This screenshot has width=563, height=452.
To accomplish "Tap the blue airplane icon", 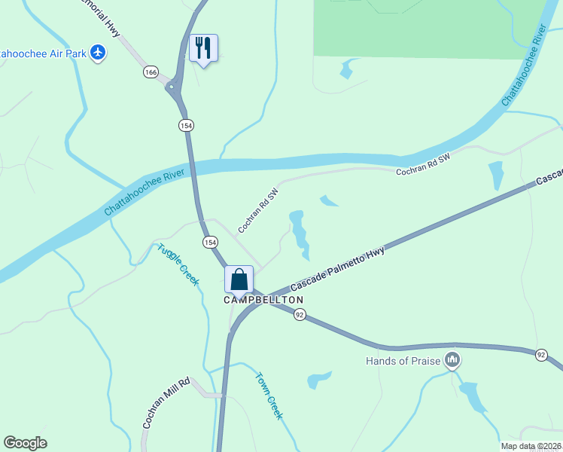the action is coord(97,52).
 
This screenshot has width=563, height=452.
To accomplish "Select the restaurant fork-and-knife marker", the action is coord(203,49).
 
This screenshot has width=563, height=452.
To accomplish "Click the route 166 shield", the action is coord(151,72).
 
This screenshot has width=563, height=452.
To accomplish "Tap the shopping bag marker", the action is coord(239,280).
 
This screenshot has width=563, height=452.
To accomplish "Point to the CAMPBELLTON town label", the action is coord(263,300).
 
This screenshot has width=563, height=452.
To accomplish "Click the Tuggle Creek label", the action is coord(178,264).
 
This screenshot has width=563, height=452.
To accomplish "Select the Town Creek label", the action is coord(269,395).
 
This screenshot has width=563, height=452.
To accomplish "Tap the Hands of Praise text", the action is coord(403,361).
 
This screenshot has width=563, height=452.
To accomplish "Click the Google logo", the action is coord(25,443).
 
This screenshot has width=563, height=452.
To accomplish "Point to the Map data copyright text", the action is coord(530,446).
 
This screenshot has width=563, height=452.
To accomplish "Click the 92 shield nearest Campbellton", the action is coord(300,315).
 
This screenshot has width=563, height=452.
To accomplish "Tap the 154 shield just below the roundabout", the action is coord(185,125).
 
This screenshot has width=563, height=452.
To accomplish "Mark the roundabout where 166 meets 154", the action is coord(174,89).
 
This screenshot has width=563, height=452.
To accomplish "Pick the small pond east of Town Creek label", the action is coord(319,379).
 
